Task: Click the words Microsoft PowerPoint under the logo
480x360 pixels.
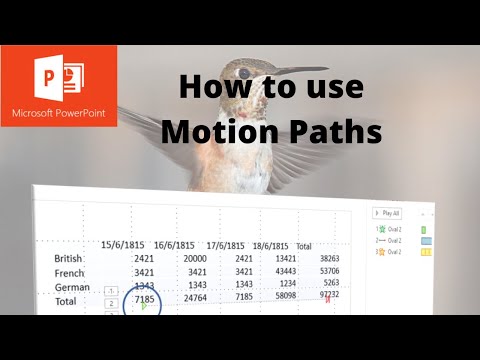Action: tap(58, 113)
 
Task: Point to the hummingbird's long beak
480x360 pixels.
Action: tap(300, 71)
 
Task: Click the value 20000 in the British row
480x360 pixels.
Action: tap(195, 257)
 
